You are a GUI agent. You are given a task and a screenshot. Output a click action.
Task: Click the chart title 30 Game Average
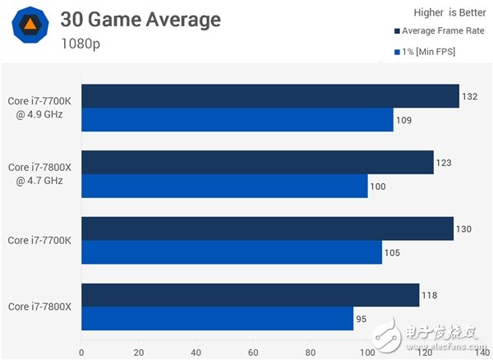pyautogui.click(x=141, y=19)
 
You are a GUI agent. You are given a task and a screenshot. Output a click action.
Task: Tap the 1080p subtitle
pyautogui.click(x=81, y=43)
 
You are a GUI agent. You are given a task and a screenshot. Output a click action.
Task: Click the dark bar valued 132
pyautogui.click(x=270, y=96)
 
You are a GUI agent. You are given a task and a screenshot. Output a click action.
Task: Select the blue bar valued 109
pyautogui.click(x=237, y=120)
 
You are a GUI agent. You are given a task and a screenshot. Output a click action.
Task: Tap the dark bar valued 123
pyautogui.click(x=257, y=163)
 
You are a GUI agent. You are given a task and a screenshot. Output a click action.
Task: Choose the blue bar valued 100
pyautogui.click(x=224, y=187)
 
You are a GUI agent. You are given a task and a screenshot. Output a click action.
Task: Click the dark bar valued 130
pyautogui.click(x=267, y=228)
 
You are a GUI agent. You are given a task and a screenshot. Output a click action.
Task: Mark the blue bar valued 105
pyautogui.click(x=232, y=252)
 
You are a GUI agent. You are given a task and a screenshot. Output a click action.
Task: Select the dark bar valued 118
pyautogui.click(x=250, y=295)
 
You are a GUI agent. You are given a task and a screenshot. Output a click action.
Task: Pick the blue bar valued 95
pyautogui.click(x=217, y=319)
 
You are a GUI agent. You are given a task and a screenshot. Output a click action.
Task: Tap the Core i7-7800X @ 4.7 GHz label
pyautogui.click(x=40, y=174)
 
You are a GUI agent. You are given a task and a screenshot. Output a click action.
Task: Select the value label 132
pyautogui.click(x=470, y=96)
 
